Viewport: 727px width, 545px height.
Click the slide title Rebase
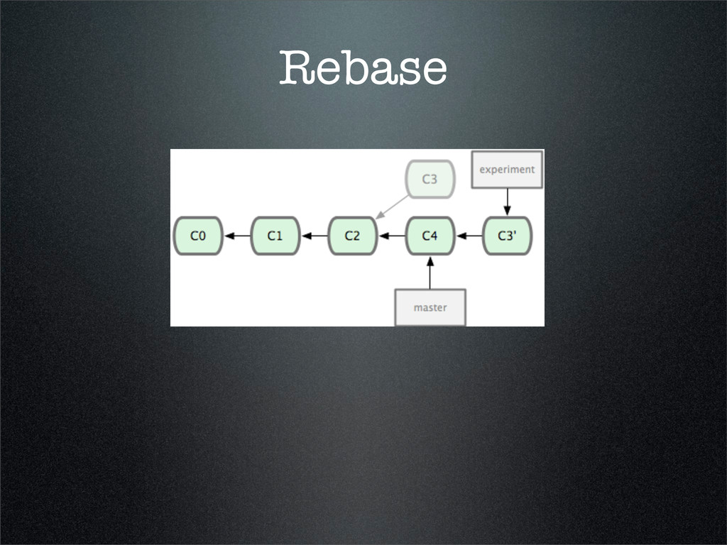point(363,68)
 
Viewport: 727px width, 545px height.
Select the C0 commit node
point(199,236)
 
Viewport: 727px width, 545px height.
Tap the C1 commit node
point(275,236)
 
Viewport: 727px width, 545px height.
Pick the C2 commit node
point(353,236)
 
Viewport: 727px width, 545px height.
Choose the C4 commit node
point(430,236)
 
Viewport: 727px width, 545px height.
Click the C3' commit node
point(507,236)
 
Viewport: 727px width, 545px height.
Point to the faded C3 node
point(430,179)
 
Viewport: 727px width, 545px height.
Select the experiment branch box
point(507,170)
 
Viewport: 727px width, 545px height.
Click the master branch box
point(430,307)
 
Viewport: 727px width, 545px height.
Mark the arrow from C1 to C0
point(238,236)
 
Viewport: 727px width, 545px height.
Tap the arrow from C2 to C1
point(315,236)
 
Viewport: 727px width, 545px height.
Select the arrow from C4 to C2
point(391,236)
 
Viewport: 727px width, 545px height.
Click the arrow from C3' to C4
point(469,236)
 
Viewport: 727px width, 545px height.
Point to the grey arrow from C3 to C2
point(392,206)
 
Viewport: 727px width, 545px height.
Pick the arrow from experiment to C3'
point(507,202)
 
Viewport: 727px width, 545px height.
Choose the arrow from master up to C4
point(430,272)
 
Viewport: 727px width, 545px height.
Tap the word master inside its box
point(430,307)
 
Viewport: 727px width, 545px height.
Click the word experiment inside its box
point(507,170)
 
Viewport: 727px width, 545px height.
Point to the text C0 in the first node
point(199,236)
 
